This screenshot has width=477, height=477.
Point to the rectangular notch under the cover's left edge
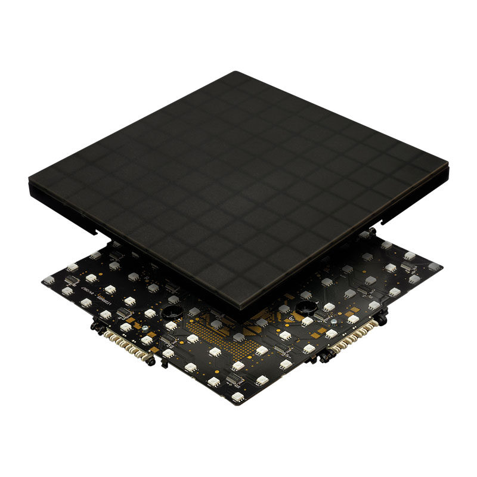click(x=96, y=228)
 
